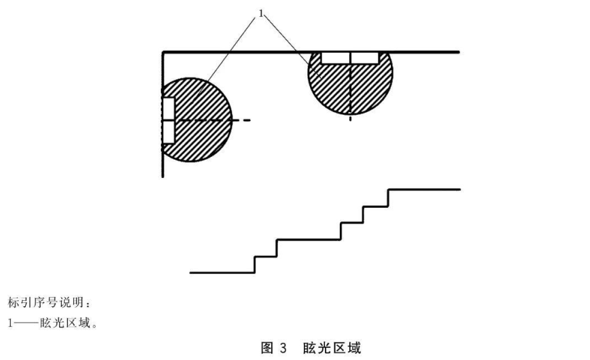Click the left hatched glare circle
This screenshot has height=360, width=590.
201,129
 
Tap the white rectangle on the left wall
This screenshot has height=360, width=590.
169,120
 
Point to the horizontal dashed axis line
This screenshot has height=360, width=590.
224,120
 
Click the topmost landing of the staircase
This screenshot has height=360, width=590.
425,190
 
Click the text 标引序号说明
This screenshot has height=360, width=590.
37,301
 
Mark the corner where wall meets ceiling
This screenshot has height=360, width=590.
164,52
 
